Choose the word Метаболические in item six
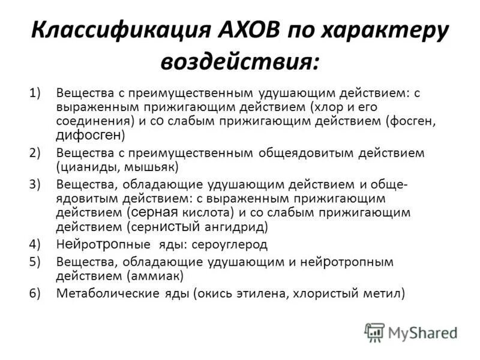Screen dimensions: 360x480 coord(106,293)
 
